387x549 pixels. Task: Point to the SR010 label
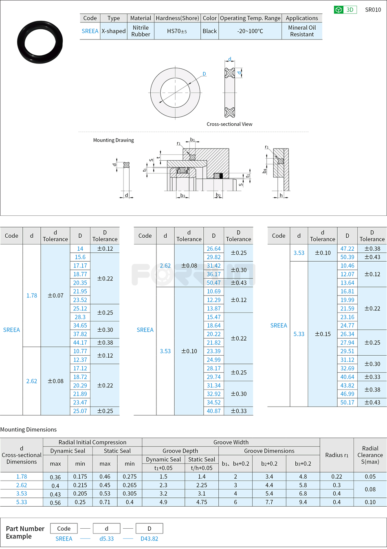pos(373,10)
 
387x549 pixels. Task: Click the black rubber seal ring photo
pos(40,42)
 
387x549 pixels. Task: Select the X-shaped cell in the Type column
pos(114,31)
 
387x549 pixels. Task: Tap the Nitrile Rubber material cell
pos(141,31)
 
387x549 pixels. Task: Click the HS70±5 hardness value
pos(177,31)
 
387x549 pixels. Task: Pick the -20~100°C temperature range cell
pos(250,31)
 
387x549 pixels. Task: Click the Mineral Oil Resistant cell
pos(302,31)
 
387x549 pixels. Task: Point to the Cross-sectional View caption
pos(229,124)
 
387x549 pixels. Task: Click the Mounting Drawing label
pos(113,140)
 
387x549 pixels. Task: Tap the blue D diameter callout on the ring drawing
pos(204,74)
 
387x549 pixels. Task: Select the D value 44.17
pos(80,343)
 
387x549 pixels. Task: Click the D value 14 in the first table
pos(80,249)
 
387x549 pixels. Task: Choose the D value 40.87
pos(213,411)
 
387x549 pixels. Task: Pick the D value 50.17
pos(347,402)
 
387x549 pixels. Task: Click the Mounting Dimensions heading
pos(29,429)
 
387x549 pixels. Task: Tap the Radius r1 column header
pos(336,455)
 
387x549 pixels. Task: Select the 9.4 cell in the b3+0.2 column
pos(303,502)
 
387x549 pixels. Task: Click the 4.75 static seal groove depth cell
pos(202,502)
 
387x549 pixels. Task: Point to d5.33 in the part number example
pos(107,538)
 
